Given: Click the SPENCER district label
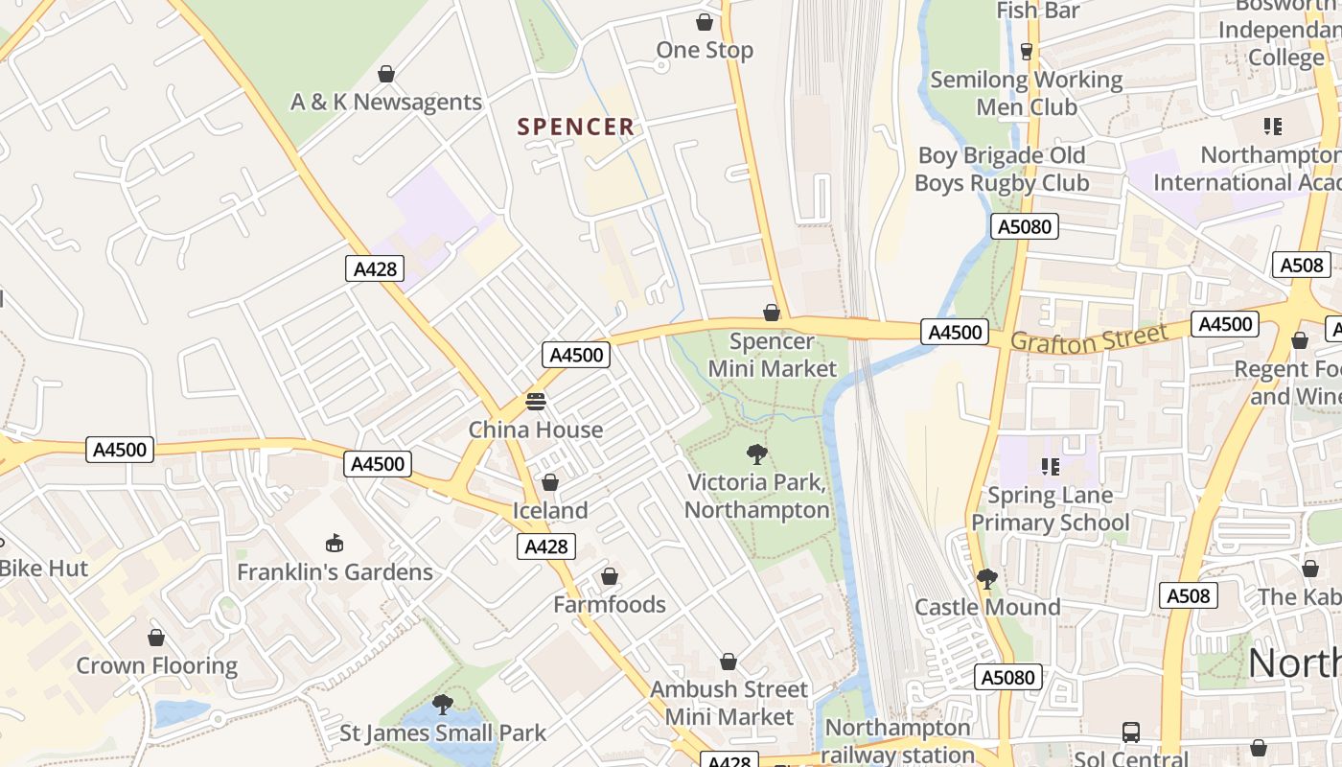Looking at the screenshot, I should coord(576,127).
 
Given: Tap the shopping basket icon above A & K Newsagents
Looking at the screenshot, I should coord(386,74).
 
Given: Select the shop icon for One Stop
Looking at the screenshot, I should coord(705,22).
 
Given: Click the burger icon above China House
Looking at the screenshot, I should coord(535,401).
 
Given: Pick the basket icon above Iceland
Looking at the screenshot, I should coord(550,482).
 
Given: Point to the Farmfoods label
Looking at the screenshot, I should coord(610,605).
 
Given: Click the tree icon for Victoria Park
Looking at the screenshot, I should coord(757,454).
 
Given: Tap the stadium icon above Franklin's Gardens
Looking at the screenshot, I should coord(335,544).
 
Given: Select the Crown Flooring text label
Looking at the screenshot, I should coord(157,666).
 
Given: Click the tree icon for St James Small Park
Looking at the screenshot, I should coord(442,705).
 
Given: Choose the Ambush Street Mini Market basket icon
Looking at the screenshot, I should coord(729,662).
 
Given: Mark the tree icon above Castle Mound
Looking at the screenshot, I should coord(986,579).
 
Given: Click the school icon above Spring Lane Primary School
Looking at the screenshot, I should coord(1051,467).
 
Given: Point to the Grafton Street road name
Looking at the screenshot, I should coord(1089,338).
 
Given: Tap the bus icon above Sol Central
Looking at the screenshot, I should coord(1131,732).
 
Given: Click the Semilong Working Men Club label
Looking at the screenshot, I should coord(1027,93).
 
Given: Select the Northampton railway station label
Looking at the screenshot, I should coord(898,741).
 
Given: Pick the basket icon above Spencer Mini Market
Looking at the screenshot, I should coord(772,313).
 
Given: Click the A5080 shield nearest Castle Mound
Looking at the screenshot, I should coord(1008,677).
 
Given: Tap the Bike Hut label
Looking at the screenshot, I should coord(44,569).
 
